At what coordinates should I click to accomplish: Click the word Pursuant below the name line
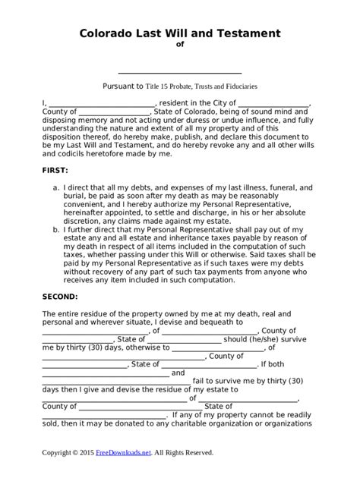[122, 86]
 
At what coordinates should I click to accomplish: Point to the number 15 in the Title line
[172, 86]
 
